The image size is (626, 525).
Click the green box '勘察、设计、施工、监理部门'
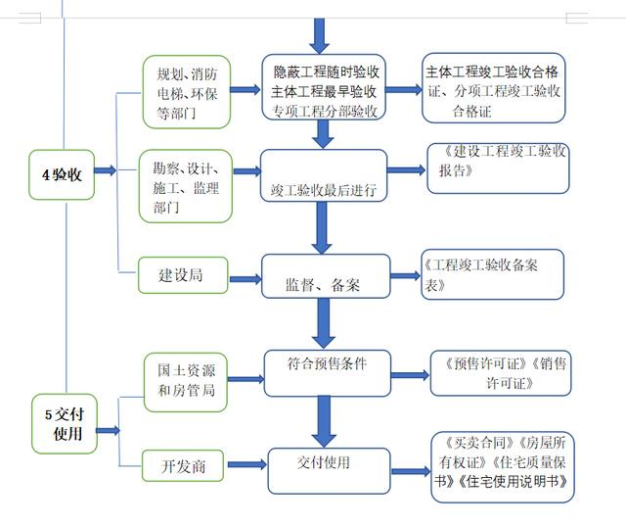coord(186,182)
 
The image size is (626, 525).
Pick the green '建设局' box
coord(181,275)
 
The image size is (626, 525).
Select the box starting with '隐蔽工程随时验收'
coord(326,91)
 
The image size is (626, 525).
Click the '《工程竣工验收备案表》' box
coord(494,275)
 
